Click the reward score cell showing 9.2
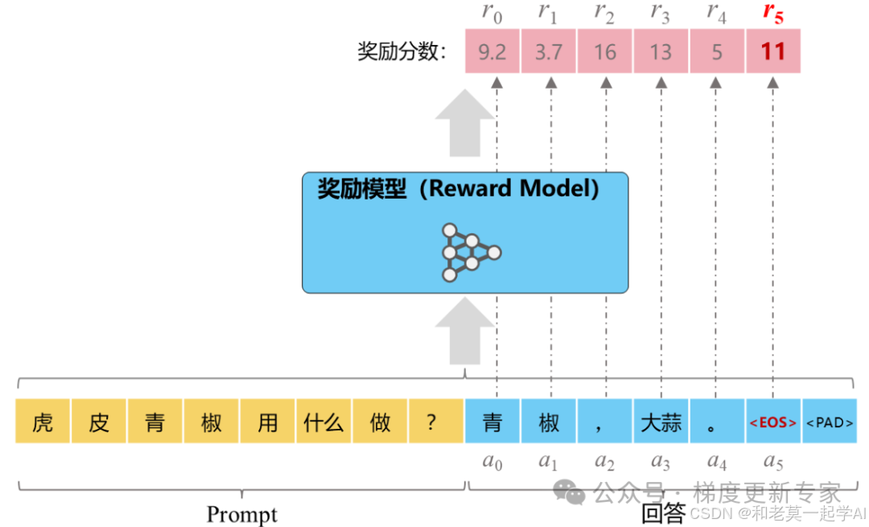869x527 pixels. point(492,52)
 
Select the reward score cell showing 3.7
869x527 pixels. point(549,52)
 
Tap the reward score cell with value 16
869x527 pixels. point(605,52)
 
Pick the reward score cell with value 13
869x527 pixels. point(661,52)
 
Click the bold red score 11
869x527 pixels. point(773,52)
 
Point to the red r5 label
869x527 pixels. point(773,13)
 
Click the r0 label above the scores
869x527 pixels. point(492,13)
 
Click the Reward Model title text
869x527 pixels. point(459,189)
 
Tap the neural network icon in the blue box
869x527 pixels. point(471,252)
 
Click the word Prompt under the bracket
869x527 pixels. point(242,514)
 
